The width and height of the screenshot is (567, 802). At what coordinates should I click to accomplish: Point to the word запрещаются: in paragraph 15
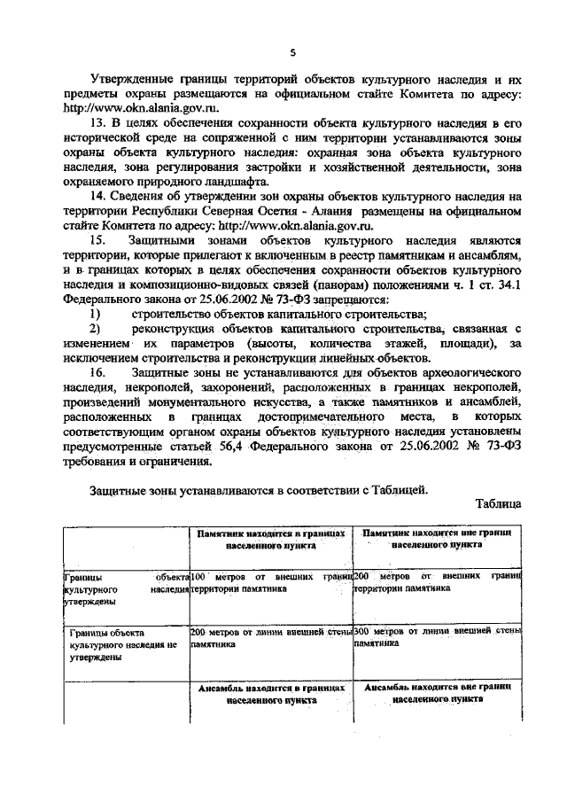[365, 300]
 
